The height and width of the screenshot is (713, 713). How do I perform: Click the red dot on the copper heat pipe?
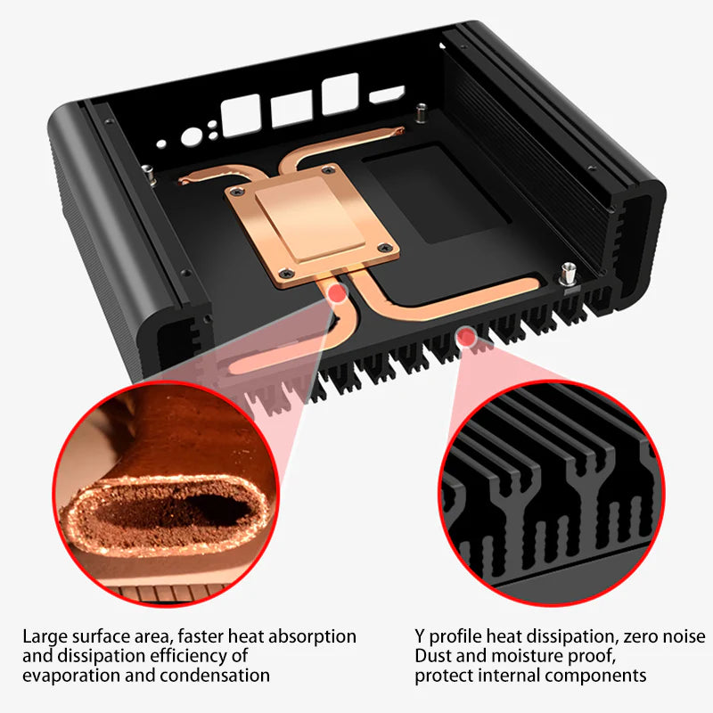point(337,292)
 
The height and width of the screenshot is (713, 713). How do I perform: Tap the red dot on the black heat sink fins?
point(463,336)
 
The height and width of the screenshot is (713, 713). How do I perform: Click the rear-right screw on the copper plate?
point(330,170)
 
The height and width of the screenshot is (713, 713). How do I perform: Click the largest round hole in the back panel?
point(192,136)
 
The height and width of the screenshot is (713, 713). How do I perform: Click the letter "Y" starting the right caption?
point(420,636)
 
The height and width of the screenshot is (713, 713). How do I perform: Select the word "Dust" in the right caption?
point(434,656)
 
